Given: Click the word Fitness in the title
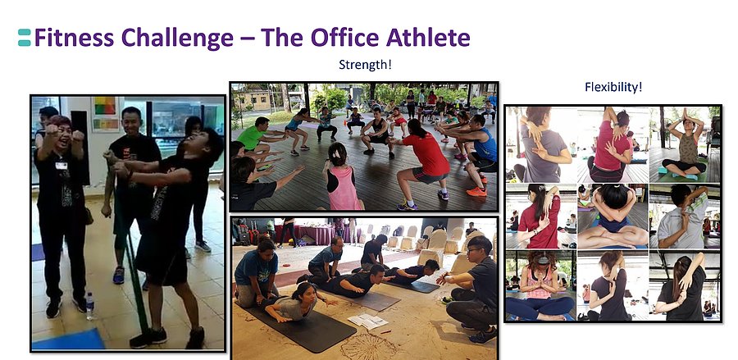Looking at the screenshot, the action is click(74, 38).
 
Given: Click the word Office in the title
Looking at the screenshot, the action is click(344, 37).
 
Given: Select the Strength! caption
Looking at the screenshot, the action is click(365, 65).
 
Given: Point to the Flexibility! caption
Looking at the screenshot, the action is click(613, 87).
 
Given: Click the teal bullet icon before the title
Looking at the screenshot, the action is click(25, 38).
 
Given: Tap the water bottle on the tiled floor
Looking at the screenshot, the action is click(89, 306).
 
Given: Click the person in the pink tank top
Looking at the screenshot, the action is click(343, 179).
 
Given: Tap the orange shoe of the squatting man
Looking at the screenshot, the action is click(476, 192).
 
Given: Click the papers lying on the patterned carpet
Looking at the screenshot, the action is click(367, 321).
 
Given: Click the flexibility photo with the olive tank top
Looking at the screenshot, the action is click(685, 144).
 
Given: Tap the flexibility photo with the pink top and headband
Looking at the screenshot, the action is click(541, 285).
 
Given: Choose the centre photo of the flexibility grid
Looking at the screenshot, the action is click(613, 216).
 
